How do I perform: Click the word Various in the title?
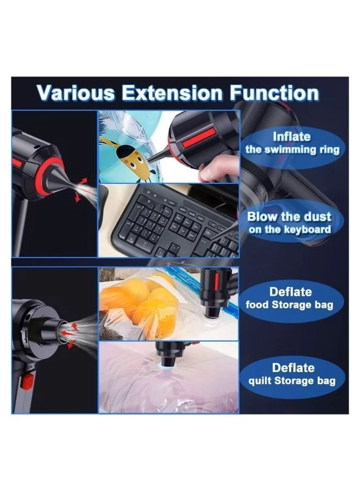pyautogui.click(x=75, y=93)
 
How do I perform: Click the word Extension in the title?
pyautogui.click(x=172, y=93)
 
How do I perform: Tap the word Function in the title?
pyautogui.click(x=274, y=93)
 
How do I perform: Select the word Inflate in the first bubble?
pyautogui.click(x=292, y=137)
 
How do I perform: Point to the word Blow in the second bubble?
pyautogui.click(x=262, y=217)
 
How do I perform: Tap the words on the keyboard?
pyautogui.click(x=290, y=229)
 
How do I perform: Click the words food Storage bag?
pyautogui.click(x=289, y=304)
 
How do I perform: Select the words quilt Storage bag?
pyautogui.click(x=292, y=381)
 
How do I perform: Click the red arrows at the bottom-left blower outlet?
pyautogui.click(x=70, y=334)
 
